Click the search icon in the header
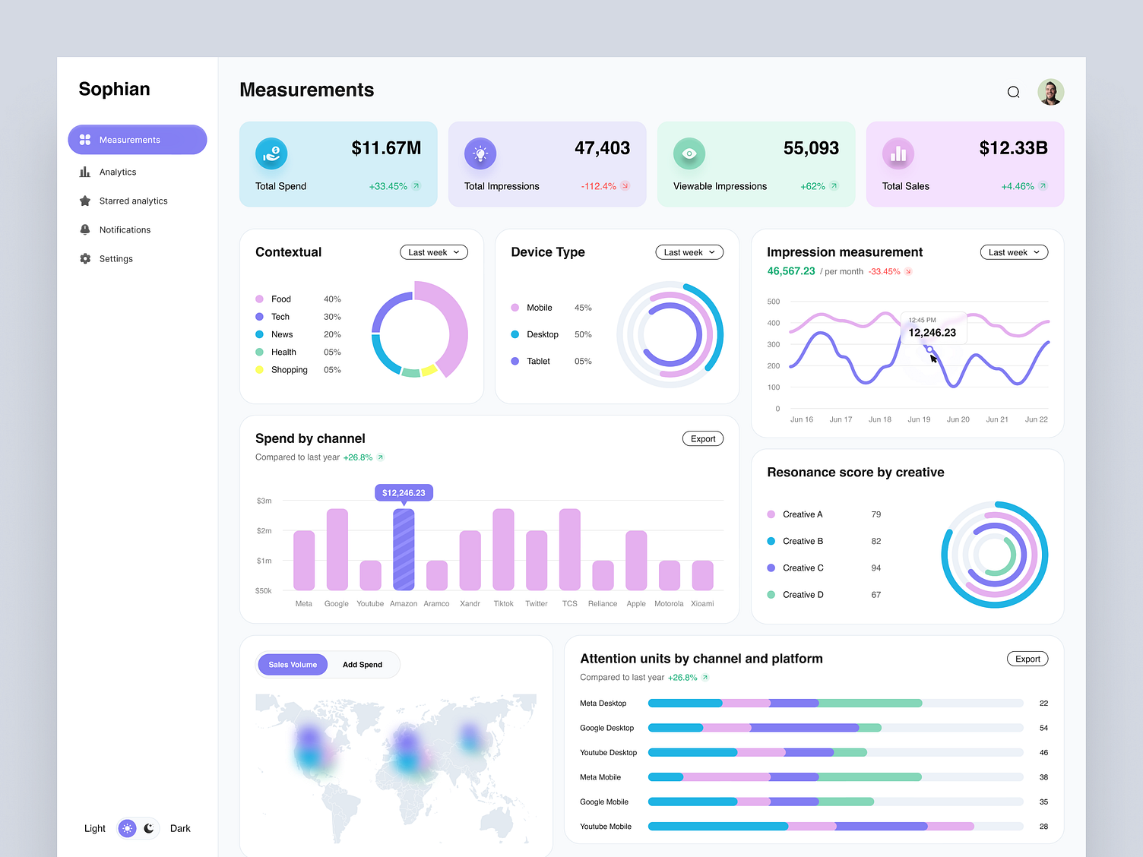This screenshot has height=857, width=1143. (1013, 92)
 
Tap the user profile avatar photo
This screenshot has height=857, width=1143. (1050, 92)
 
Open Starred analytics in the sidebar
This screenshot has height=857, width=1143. (133, 201)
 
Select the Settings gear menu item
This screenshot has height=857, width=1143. (116, 259)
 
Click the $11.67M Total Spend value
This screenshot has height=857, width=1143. (386, 148)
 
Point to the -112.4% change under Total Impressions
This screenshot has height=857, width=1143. (599, 186)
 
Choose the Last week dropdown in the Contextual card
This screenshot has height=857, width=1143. (433, 252)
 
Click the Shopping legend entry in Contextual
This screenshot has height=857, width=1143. (289, 370)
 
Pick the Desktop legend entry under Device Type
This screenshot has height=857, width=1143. (542, 334)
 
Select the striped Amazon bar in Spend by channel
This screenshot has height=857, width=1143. (404, 549)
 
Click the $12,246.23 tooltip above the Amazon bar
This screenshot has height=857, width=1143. (404, 493)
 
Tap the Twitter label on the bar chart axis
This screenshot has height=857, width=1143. (536, 604)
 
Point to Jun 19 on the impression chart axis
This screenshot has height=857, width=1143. (919, 419)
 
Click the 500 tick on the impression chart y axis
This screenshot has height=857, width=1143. (774, 302)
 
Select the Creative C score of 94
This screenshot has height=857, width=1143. (876, 568)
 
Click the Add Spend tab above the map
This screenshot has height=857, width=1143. (363, 665)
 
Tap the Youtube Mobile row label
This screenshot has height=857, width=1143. (606, 827)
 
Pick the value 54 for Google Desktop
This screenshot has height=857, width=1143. (1043, 728)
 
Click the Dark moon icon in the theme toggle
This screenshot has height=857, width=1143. (149, 828)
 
